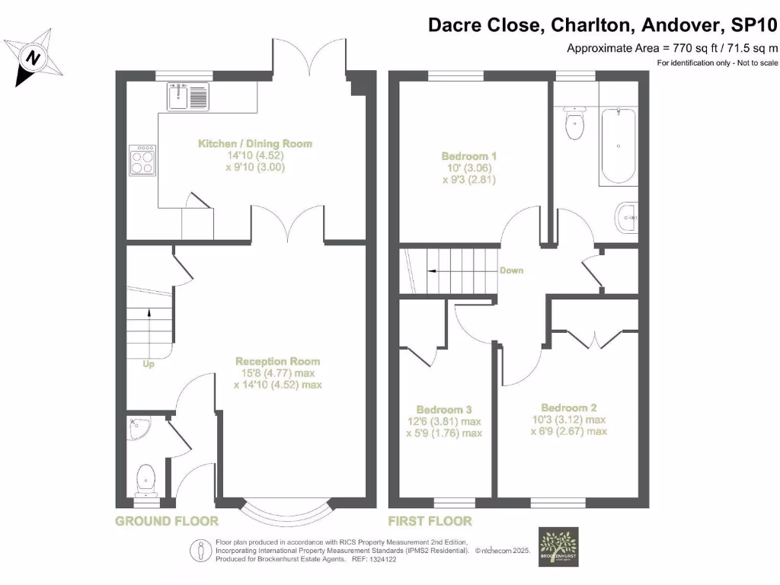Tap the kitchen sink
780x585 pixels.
187,97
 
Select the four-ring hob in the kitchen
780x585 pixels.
142,160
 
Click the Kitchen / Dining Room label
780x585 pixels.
255,143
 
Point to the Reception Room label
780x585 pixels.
277,361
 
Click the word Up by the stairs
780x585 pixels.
149,364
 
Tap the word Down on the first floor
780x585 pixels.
511,270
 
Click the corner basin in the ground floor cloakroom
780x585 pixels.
139,428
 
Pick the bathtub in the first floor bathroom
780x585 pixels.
618,145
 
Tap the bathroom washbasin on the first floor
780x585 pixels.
628,219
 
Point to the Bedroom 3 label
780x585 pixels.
443,409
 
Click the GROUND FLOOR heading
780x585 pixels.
167,521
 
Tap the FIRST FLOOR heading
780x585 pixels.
430,521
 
